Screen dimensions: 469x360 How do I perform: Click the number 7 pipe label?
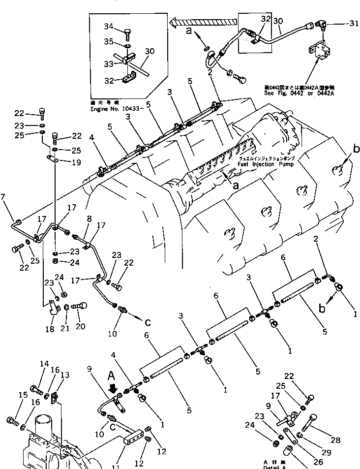(x=3, y=197)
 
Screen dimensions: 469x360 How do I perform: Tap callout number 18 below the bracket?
(x=49, y=329)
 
